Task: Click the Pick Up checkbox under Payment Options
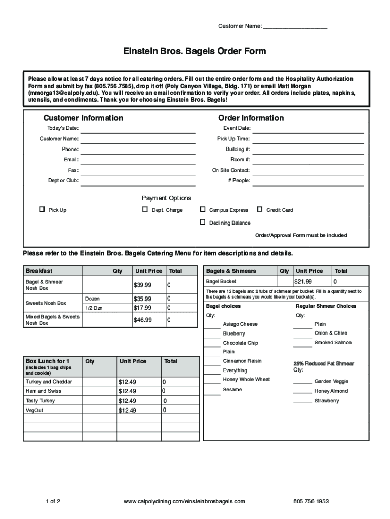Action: click(x=42, y=209)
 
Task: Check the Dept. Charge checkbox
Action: click(x=145, y=209)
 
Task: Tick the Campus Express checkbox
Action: click(x=203, y=209)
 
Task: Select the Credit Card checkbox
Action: click(x=260, y=209)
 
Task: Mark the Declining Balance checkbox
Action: click(x=203, y=222)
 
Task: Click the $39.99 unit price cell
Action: click(x=142, y=285)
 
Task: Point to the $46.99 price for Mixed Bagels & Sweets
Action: click(x=142, y=320)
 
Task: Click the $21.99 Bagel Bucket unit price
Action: click(x=303, y=281)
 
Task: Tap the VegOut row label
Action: click(x=34, y=410)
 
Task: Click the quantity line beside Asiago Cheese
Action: click(x=212, y=326)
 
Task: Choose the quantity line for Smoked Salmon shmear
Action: click(x=302, y=345)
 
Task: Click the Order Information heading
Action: click(x=251, y=118)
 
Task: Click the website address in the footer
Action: click(x=184, y=502)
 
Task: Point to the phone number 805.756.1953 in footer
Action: click(x=311, y=502)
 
